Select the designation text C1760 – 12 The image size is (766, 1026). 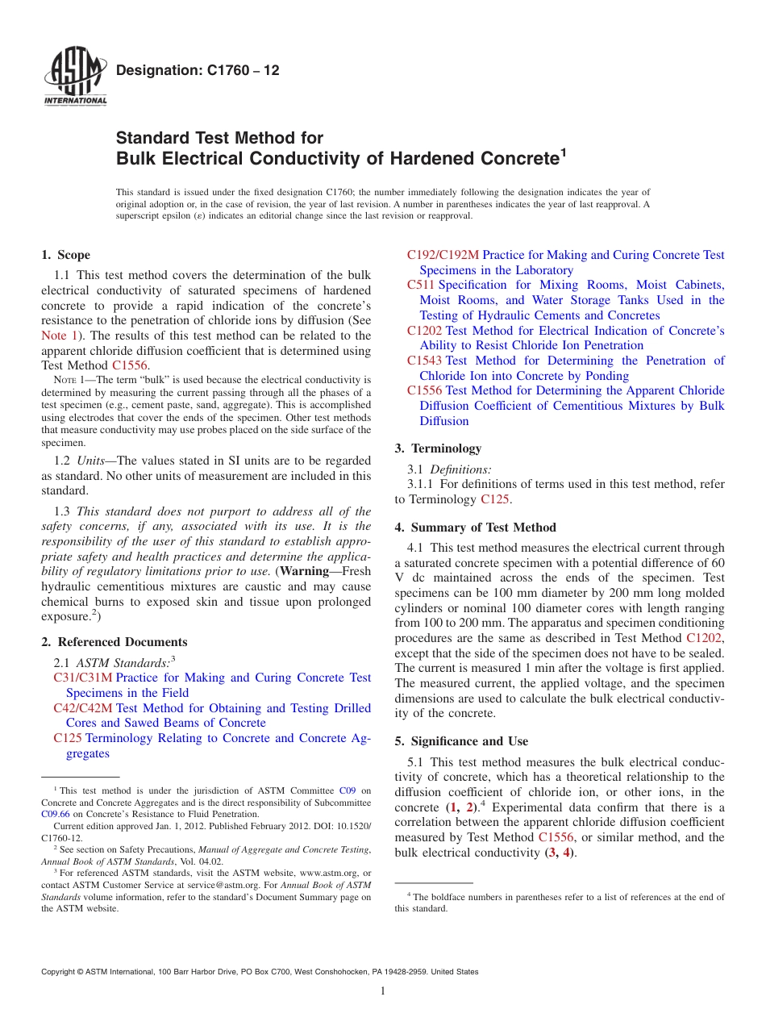coord(198,71)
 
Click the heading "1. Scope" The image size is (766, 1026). coord(65,255)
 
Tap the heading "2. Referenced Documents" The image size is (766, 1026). coord(114,642)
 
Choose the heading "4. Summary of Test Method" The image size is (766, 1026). coord(475,528)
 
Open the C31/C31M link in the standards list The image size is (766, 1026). coord(82,678)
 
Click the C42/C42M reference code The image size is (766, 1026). coord(82,708)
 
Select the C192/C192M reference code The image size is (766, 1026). coord(443,255)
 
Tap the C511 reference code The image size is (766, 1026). coord(421,285)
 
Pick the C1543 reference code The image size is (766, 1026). coord(424,361)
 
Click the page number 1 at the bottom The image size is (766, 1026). coord(383,991)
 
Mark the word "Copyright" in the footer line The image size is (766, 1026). coord(60,972)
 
